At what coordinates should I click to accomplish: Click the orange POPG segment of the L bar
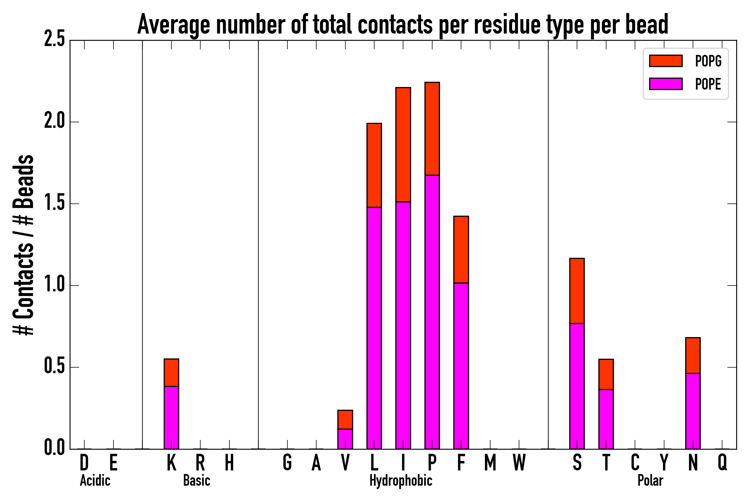click(x=374, y=166)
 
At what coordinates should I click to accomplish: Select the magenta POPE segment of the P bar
click(x=432, y=312)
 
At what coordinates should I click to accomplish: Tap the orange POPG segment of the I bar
click(x=403, y=145)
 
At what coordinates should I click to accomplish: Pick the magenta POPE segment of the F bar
click(x=461, y=366)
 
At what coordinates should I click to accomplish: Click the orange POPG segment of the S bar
click(x=577, y=291)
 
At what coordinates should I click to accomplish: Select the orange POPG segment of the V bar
click(x=345, y=420)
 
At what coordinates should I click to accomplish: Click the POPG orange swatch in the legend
click(x=666, y=61)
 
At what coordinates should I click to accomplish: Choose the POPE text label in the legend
click(x=708, y=84)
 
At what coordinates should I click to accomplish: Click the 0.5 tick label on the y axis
click(x=54, y=366)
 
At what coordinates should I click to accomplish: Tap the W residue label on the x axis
click(x=519, y=463)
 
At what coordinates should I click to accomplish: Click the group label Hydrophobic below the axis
click(x=401, y=480)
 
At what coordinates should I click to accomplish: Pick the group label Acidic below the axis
click(x=95, y=480)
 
